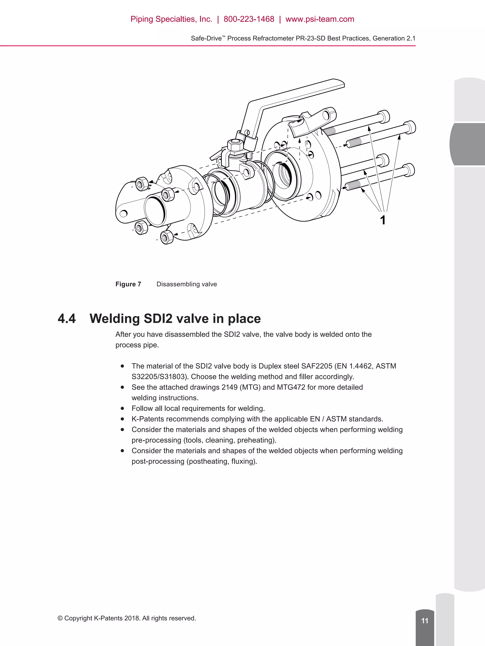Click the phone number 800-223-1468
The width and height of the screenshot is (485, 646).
click(249, 19)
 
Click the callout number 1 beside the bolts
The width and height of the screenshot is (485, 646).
click(382, 220)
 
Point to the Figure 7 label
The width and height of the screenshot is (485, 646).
click(128, 284)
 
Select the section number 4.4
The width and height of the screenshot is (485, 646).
click(67, 319)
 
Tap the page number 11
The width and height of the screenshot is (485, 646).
click(424, 621)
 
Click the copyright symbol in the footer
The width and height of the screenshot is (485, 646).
click(60, 618)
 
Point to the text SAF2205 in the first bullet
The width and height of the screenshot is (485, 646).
click(317, 366)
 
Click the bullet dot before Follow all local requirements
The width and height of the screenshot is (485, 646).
click(122, 408)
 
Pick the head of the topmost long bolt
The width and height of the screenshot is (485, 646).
click(384, 117)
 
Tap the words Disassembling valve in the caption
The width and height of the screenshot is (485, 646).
click(187, 284)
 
